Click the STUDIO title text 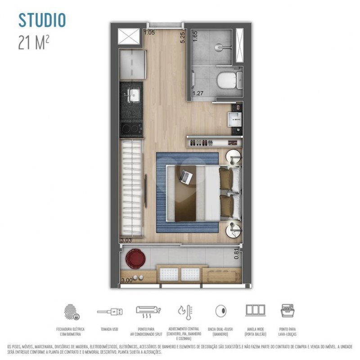coord(42,20)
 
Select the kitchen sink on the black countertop coord(134,94)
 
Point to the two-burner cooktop coord(131,128)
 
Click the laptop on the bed coord(185,176)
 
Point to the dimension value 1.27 coord(198,94)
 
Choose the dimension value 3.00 coord(127,280)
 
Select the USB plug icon coord(110,311)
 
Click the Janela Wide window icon coord(255,310)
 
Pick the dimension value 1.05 coord(149,32)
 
